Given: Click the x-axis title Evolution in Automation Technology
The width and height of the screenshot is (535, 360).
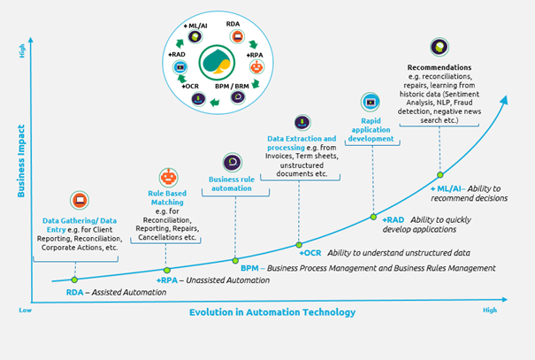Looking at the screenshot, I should click(x=271, y=312).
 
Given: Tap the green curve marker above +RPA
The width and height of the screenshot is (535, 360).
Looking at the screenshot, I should click(x=166, y=270).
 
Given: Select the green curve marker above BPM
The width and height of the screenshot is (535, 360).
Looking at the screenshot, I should click(x=235, y=260).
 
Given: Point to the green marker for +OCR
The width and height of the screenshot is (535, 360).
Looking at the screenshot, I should click(x=299, y=244).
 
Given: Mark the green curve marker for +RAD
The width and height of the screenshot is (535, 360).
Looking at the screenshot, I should click(x=373, y=217).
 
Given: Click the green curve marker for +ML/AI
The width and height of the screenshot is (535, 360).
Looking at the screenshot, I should click(x=439, y=175).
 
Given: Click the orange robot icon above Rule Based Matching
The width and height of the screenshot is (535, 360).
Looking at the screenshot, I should click(x=167, y=176).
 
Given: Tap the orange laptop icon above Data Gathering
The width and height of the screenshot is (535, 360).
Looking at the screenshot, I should click(x=80, y=200).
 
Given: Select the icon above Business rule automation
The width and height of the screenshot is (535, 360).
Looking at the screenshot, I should click(x=232, y=162).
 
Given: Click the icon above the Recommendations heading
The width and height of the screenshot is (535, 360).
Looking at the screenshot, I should click(x=438, y=47).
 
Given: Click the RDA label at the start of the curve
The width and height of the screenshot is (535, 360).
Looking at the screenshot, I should click(x=75, y=292).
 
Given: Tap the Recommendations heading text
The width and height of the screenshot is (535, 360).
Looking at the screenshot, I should click(x=439, y=67).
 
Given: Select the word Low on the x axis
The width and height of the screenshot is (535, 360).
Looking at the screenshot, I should click(x=26, y=310).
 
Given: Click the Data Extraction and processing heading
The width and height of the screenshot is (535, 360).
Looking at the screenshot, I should click(x=302, y=139).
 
